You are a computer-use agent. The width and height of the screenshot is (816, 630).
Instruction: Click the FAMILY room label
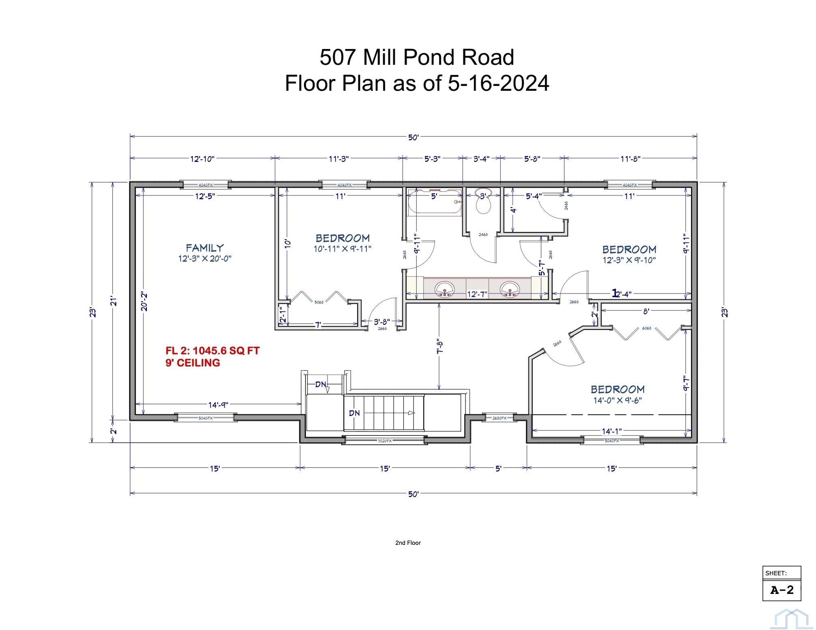coord(205,248)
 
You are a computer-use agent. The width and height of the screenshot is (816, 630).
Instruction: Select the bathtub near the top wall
coord(435,202)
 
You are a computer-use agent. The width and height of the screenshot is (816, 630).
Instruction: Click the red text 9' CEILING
coord(193,363)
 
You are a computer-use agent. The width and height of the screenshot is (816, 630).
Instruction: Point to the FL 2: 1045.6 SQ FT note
coord(212,350)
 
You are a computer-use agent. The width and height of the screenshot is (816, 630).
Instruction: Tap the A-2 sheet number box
coord(782,590)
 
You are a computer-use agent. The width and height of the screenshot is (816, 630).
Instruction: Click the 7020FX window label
coord(385,441)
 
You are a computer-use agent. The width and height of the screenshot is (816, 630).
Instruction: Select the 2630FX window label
coord(499,418)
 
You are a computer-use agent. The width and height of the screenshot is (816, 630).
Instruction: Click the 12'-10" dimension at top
coord(202,159)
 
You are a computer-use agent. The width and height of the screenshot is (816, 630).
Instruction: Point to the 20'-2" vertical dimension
coord(144,301)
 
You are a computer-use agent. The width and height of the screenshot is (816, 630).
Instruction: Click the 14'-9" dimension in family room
coord(218,405)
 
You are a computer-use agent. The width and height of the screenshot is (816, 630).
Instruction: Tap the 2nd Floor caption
coord(408,543)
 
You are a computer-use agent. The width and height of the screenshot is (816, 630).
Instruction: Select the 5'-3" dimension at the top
coord(433,159)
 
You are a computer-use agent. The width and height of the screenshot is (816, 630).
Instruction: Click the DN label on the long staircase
coord(354,413)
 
